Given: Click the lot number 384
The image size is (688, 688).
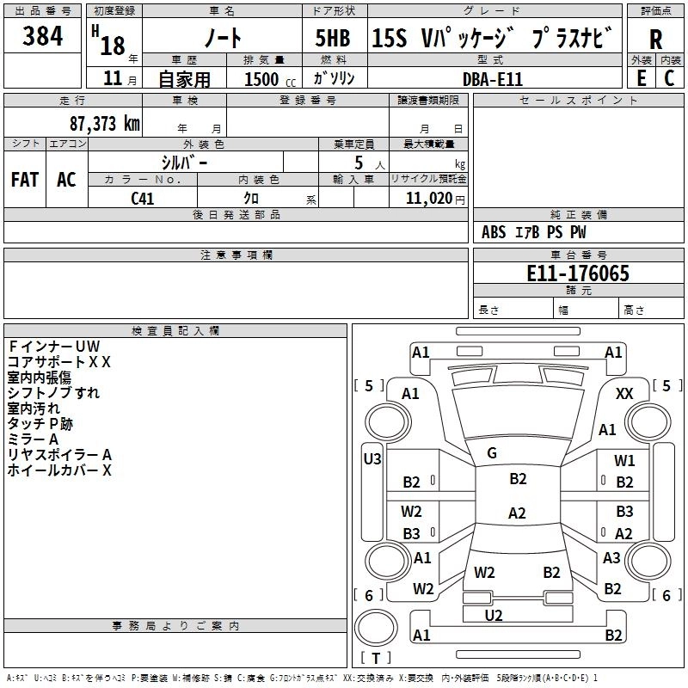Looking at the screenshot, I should (42, 37).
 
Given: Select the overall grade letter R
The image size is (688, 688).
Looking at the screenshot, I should (656, 39).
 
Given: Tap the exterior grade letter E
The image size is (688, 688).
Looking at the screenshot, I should (641, 77).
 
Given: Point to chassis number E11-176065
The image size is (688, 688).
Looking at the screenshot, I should (578, 274).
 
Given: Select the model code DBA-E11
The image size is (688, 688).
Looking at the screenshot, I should (493, 78).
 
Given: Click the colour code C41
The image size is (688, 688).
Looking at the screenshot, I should (143, 198).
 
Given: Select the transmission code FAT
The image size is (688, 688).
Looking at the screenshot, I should (25, 180).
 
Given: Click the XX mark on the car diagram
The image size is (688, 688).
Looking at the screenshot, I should (625, 393).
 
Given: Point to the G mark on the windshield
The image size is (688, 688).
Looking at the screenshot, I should (492, 453).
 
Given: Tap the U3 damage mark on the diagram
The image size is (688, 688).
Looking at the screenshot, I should (372, 459).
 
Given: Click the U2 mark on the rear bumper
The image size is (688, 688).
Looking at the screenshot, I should (494, 614).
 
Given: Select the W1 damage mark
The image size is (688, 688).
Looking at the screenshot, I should (624, 461).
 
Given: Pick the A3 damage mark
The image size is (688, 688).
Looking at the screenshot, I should (611, 558).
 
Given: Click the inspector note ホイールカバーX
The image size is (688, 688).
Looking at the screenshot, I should (59, 470).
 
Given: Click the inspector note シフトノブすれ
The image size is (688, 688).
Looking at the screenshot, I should (53, 393).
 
